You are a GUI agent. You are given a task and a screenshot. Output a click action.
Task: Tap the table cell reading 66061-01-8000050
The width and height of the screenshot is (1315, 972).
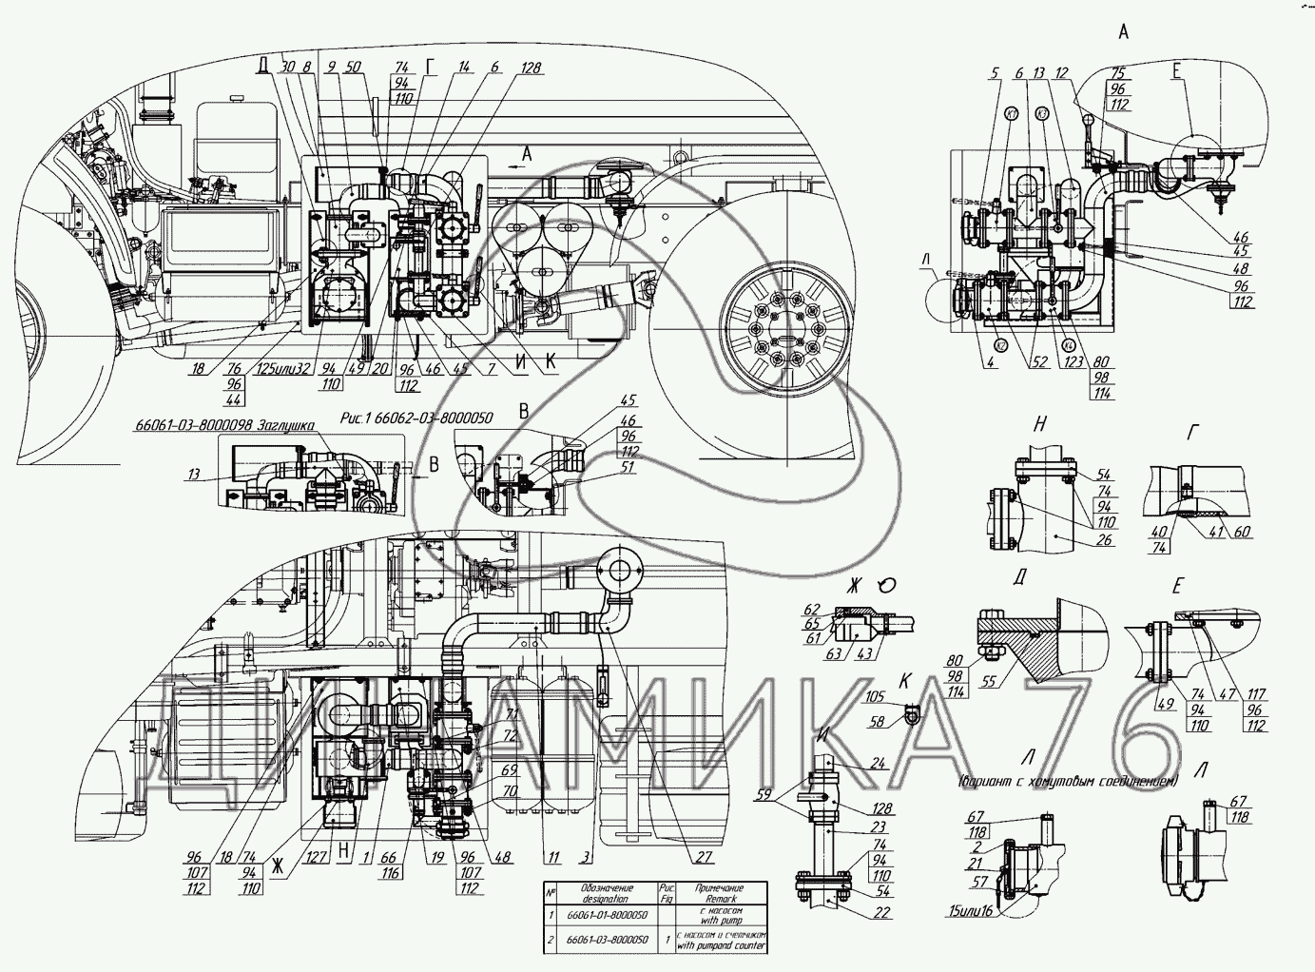(607, 914)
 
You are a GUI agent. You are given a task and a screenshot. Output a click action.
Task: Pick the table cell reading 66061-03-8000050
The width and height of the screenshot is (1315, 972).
(607, 940)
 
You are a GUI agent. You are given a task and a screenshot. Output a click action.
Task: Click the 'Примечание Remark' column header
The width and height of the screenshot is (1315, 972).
(720, 892)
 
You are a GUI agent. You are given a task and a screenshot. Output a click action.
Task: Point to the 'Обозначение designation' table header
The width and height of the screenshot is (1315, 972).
(607, 892)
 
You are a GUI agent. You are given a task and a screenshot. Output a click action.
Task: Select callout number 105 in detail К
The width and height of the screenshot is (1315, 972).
(875, 696)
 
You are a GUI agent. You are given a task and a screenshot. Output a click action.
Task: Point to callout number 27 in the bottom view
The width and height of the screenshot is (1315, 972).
(704, 858)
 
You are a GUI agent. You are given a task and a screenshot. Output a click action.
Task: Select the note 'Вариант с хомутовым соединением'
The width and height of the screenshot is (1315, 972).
(1067, 782)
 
